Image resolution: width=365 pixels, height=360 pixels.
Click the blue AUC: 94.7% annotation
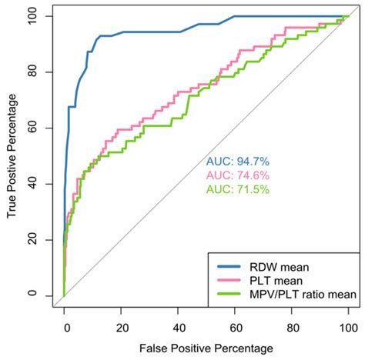[237, 162]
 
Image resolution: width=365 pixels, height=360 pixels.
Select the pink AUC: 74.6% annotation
[237, 175]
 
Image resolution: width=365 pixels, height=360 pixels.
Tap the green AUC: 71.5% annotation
[237, 189]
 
